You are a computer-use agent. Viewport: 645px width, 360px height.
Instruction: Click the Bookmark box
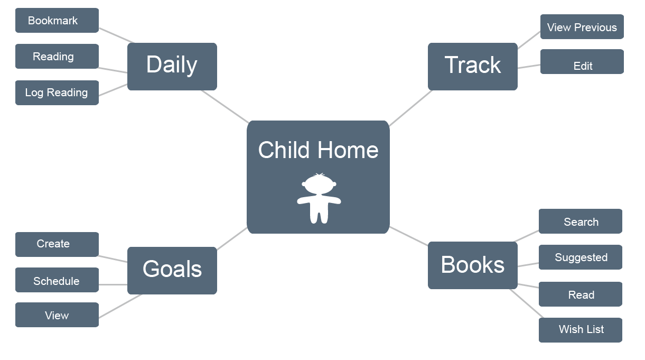[x=57, y=21]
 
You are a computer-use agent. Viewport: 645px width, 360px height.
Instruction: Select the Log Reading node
[x=57, y=93]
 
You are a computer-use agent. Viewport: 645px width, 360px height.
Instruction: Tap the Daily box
[x=172, y=67]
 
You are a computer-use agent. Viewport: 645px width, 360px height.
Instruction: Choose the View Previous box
[x=582, y=27]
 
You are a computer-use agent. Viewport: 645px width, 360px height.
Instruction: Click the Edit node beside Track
[x=582, y=62]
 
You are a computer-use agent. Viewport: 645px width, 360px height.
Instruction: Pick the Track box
[x=472, y=67]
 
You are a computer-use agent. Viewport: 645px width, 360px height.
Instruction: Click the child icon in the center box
[x=319, y=198]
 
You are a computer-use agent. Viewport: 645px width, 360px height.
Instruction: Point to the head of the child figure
[x=319, y=183]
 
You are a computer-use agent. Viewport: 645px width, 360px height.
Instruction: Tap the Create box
[x=57, y=244]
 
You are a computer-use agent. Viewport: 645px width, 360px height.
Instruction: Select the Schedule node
[x=57, y=280]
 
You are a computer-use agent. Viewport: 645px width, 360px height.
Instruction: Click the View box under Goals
[x=57, y=315]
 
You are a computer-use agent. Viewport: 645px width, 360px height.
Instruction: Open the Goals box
[x=172, y=271]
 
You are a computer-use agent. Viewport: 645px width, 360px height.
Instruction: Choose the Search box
[x=581, y=221]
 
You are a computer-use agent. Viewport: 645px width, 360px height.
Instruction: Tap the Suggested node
[x=581, y=257]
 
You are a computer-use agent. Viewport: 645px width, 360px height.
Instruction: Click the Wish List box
[x=581, y=330]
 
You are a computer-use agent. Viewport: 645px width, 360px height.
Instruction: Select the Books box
[x=472, y=265]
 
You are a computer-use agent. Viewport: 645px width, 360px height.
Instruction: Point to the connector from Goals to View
[x=120, y=306]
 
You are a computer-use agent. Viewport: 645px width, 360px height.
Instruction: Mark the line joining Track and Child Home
[x=411, y=108]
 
